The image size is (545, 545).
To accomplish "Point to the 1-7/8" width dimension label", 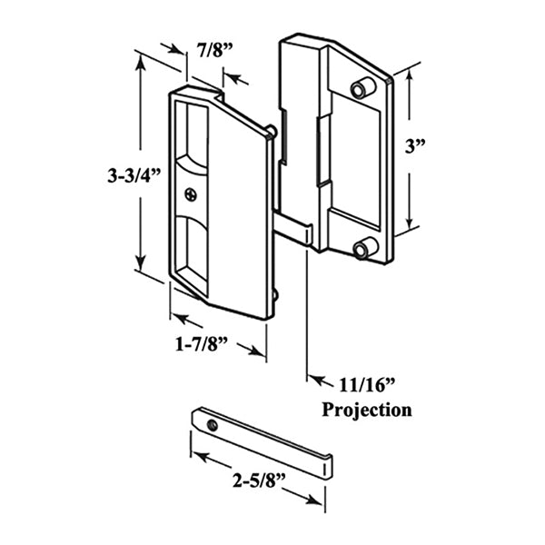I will coord(202,343).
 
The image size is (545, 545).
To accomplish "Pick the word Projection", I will coord(367,410).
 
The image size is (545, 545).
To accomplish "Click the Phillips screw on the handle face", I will coord(190,193).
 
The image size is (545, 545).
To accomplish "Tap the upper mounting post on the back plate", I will coord(361,87).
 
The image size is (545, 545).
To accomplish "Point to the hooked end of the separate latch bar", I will coord(324,466).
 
